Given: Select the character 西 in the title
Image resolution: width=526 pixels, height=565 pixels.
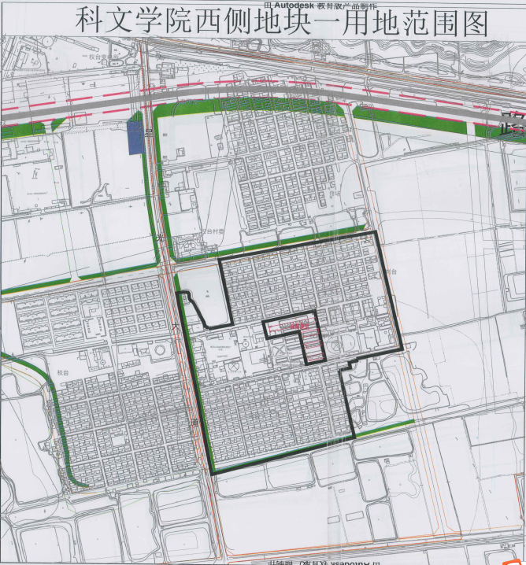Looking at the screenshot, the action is coord(218,21).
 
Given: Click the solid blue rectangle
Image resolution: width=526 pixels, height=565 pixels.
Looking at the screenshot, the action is coord(135,135).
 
